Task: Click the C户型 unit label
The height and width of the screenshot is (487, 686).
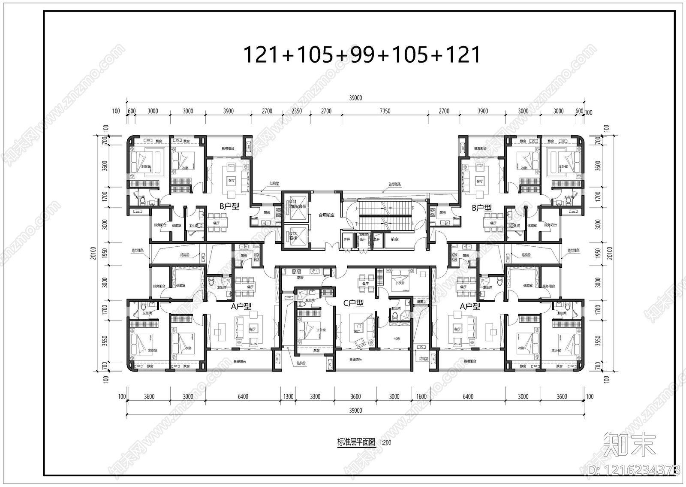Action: click(x=353, y=303)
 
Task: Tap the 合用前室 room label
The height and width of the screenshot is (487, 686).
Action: click(x=326, y=215)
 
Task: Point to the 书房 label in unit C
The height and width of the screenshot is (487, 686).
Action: click(x=396, y=339)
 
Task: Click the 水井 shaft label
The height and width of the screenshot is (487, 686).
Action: click(x=346, y=239)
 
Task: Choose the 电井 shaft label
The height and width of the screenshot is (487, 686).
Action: click(x=363, y=239)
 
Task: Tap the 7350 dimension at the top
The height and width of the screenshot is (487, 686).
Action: click(x=385, y=111)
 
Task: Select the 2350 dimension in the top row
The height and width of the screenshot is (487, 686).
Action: click(x=297, y=111)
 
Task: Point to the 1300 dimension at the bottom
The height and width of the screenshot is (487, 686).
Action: click(x=288, y=396)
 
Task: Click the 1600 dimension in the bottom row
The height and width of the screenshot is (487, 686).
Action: click(x=421, y=396)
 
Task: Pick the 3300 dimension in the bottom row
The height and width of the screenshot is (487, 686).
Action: click(x=315, y=396)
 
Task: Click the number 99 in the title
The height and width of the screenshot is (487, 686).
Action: click(x=363, y=55)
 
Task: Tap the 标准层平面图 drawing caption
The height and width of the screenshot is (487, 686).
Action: click(x=356, y=442)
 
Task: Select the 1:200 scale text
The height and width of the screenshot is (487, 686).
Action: click(x=385, y=443)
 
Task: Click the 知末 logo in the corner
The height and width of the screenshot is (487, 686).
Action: click(x=629, y=445)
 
